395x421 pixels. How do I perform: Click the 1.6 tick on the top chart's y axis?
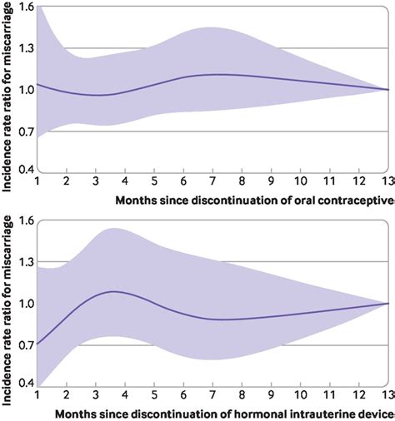(23, 7)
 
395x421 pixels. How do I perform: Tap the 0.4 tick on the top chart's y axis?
(23, 170)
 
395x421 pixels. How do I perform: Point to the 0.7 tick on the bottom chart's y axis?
(23, 343)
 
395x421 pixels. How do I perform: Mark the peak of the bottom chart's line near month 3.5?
(113, 291)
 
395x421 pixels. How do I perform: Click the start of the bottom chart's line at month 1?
(37, 343)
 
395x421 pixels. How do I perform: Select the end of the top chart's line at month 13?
(387, 89)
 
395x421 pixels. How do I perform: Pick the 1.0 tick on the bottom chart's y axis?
(23, 303)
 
